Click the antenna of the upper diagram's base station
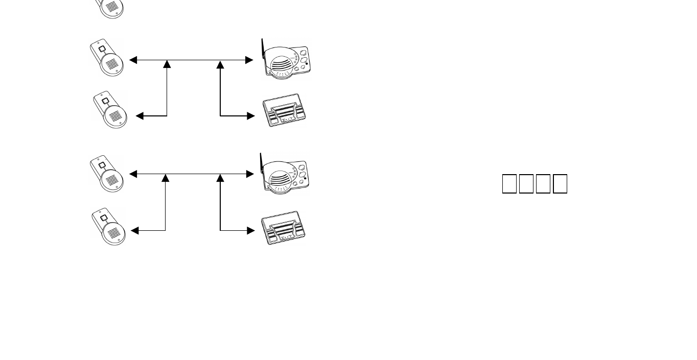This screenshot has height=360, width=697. click(x=263, y=49)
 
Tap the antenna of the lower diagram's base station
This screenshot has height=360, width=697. click(x=261, y=162)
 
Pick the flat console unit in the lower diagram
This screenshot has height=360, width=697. click(x=283, y=228)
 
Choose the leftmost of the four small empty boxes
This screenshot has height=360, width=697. click(x=509, y=184)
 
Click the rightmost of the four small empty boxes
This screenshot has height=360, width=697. click(x=560, y=184)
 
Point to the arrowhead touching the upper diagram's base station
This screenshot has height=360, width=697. click(x=249, y=60)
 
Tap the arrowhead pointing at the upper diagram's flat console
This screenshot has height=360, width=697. click(x=250, y=116)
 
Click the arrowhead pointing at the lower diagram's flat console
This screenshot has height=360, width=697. click(x=250, y=231)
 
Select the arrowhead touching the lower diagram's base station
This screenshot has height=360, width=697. click(x=249, y=174)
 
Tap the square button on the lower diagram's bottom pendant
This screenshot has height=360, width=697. click(x=104, y=218)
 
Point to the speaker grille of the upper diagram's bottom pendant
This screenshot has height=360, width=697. click(x=117, y=116)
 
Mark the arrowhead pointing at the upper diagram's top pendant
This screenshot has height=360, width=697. click(x=133, y=60)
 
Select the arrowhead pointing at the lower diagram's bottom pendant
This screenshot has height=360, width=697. click(x=135, y=231)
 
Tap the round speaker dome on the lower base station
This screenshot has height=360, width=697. click(x=278, y=178)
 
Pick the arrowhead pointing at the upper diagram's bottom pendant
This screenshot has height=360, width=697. click(x=140, y=116)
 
